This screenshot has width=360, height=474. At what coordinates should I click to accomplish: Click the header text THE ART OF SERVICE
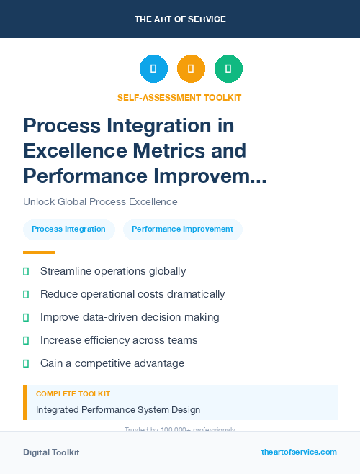pos(180,19)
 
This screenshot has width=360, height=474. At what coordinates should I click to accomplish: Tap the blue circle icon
pos(153,69)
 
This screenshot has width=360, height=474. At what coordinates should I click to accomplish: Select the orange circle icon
pos(191,69)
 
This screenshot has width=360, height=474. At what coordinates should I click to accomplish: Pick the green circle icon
pos(228,69)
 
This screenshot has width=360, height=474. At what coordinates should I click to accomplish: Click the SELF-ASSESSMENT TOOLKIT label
pos(179,97)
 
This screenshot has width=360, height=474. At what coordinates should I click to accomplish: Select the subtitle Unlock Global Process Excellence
pos(100,201)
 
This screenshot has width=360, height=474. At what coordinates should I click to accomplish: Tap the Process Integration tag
pos(68,229)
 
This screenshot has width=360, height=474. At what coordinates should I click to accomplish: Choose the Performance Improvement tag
pos(182,229)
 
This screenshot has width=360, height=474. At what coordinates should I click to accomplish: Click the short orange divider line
pos(39,252)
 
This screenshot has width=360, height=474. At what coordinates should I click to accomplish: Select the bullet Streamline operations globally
pos(113,271)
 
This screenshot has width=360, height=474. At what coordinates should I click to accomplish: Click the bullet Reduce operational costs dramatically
pos(132,294)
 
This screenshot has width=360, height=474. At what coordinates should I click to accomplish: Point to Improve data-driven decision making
pos(130,317)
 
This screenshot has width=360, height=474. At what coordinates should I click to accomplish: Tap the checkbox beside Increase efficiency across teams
pos(26,340)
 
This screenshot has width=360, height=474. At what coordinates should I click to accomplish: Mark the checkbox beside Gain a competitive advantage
pos(26,363)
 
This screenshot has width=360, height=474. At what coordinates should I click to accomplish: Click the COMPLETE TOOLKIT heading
pos(73,394)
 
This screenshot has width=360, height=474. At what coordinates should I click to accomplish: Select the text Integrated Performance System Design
pos(118,410)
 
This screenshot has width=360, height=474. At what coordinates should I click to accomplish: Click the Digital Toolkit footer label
pos(51,452)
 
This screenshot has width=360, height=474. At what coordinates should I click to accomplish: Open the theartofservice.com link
pos(299,452)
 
